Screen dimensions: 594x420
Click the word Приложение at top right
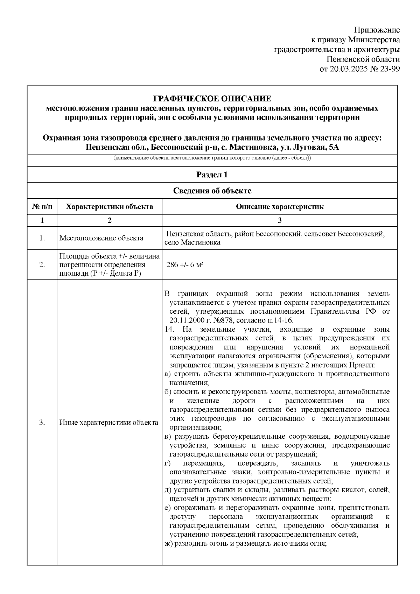377,30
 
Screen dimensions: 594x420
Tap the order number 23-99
388,69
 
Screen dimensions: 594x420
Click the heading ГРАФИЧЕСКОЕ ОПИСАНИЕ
212,99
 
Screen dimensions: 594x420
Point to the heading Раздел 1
212,175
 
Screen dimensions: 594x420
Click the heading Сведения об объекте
212,191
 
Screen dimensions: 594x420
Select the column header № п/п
42,206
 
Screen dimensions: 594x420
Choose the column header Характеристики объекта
109,206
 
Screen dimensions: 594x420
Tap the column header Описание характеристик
279,206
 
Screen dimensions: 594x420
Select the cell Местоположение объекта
101,238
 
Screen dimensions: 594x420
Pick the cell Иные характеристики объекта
108,423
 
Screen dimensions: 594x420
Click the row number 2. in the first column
42,265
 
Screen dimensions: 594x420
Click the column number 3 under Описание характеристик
279,220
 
